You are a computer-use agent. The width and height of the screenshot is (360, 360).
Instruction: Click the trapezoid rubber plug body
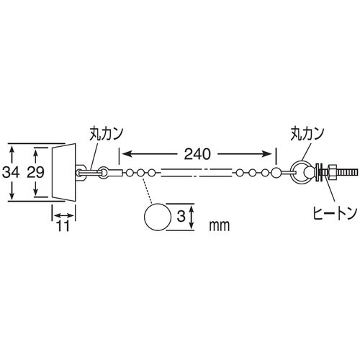click(x=64, y=173)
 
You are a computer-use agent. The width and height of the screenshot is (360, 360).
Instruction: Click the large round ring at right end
click(x=303, y=173)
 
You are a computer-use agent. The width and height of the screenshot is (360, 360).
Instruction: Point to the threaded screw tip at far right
click(x=348, y=173)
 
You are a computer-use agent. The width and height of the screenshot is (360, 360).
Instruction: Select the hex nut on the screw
click(x=332, y=173)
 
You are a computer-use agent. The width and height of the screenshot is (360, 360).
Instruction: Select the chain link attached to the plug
click(x=90, y=172)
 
